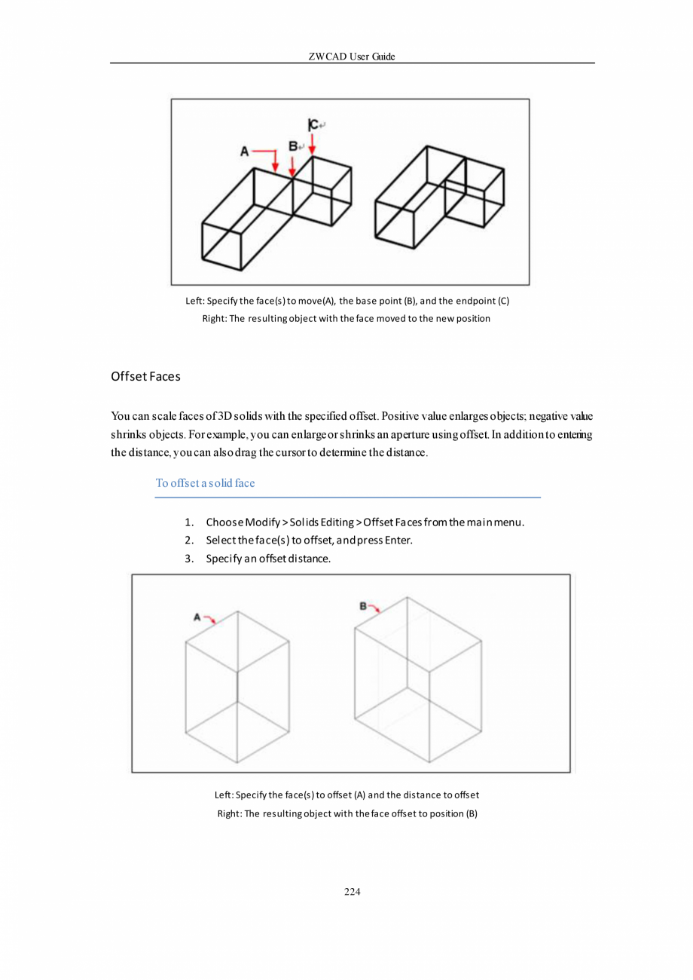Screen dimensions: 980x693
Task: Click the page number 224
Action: click(352, 892)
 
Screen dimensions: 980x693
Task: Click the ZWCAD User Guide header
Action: click(352, 57)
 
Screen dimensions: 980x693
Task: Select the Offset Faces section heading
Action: click(145, 375)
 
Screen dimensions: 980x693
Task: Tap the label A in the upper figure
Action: click(244, 152)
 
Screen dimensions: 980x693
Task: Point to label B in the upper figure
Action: click(293, 145)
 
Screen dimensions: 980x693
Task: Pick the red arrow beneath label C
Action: click(313, 146)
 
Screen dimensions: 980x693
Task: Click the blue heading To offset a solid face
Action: click(205, 483)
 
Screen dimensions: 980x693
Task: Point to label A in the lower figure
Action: click(197, 617)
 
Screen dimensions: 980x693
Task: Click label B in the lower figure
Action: click(362, 605)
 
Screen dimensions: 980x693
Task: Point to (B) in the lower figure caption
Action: click(471, 814)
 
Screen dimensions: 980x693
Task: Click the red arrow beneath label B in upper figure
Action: click(292, 166)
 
